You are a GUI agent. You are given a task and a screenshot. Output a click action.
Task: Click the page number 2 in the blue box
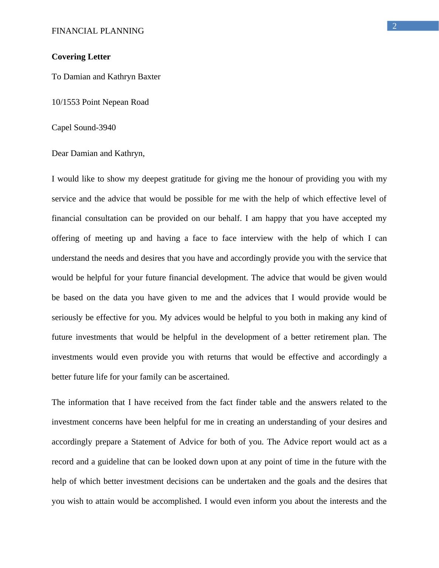pyautogui.click(x=394, y=26)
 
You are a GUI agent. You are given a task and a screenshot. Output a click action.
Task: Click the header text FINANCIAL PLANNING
pyautogui.click(x=98, y=31)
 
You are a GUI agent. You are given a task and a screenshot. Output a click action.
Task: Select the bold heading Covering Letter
pyautogui.click(x=81, y=57)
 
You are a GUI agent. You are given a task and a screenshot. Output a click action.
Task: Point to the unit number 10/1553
pyautogui.click(x=66, y=102)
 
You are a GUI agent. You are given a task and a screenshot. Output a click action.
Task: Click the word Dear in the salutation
pyautogui.click(x=60, y=153)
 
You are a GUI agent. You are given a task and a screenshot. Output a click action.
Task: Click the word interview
pyautogui.click(x=257, y=238)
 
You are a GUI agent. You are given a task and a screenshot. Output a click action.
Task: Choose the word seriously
pyautogui.click(x=67, y=318)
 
